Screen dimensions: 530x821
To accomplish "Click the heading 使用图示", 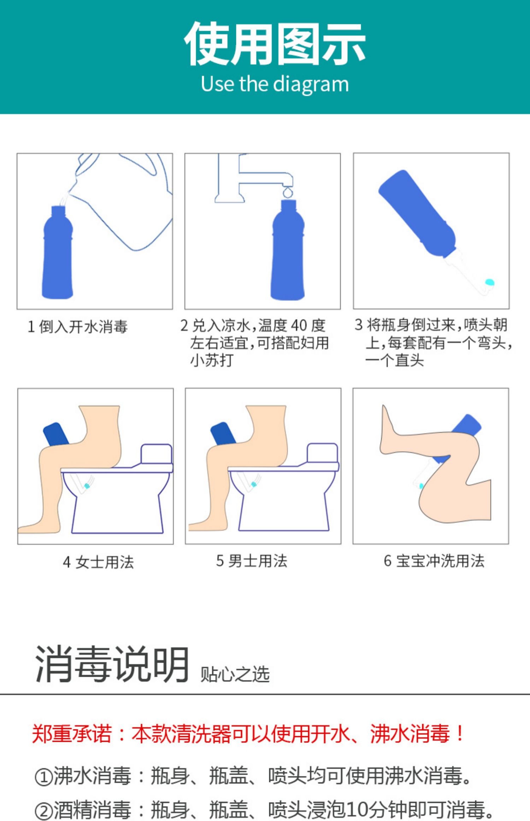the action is pyautogui.click(x=275, y=44).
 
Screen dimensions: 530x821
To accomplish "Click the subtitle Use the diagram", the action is pyautogui.click(x=275, y=84).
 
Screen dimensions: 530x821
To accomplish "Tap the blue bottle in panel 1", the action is pyautogui.click(x=58, y=252).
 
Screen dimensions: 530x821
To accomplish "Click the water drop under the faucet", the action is pyautogui.click(x=288, y=193).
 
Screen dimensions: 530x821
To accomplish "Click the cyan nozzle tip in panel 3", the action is pyautogui.click(x=489, y=282).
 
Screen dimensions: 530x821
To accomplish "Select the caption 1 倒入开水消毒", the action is pyautogui.click(x=77, y=326).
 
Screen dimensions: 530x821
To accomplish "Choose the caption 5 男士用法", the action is pyautogui.click(x=252, y=561).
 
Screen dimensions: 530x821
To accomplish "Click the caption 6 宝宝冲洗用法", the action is pyautogui.click(x=434, y=561).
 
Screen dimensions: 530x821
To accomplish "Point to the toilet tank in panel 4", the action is pyautogui.click(x=157, y=454).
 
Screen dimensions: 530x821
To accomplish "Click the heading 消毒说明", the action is pyautogui.click(x=112, y=664).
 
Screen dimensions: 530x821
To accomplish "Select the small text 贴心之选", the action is pyautogui.click(x=235, y=674).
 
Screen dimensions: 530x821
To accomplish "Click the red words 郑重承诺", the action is pyautogui.click(x=72, y=734).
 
